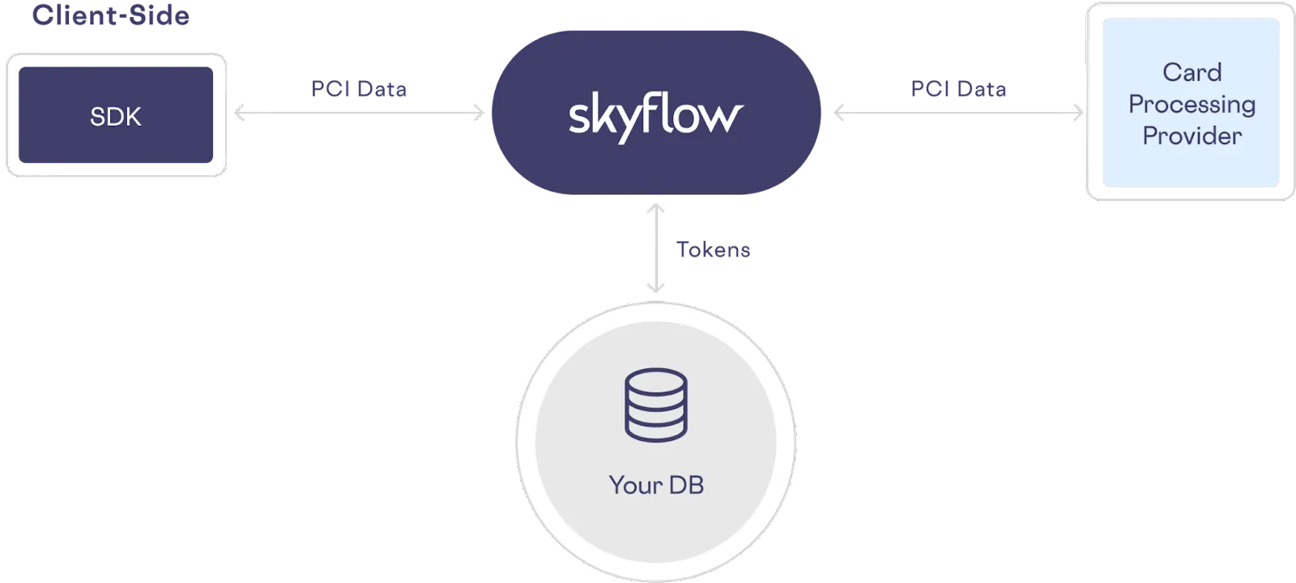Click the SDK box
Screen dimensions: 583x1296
[116, 117]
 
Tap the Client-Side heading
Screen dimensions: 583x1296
[110, 15]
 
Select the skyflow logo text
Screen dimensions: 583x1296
[655, 117]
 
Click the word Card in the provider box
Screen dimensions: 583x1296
[1192, 72]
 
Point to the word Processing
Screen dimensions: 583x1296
[1192, 105]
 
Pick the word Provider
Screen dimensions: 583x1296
[1192, 135]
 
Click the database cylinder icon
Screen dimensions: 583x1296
[655, 405]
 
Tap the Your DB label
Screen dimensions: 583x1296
[656, 485]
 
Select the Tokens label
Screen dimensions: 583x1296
[713, 250]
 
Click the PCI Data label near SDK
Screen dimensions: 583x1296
[359, 88]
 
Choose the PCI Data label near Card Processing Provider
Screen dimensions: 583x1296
[958, 88]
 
